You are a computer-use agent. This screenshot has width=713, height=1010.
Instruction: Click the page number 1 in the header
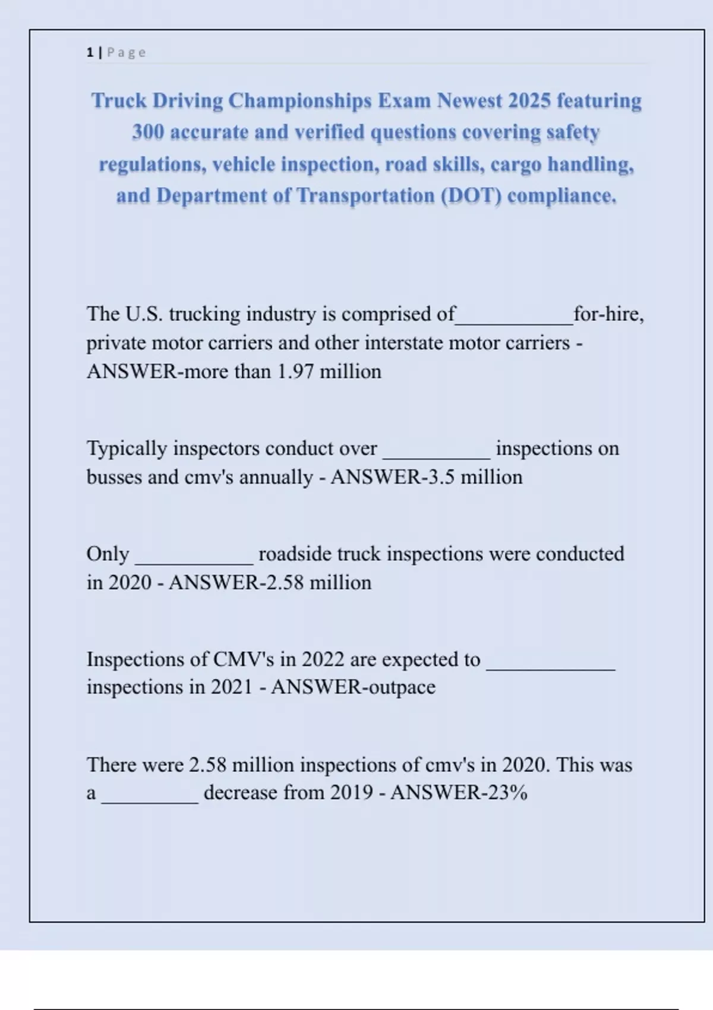point(90,52)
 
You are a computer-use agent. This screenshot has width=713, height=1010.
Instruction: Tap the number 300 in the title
point(148,132)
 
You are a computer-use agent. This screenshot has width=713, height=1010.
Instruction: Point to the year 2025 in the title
point(529,100)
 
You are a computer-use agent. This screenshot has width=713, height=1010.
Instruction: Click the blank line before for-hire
point(515,321)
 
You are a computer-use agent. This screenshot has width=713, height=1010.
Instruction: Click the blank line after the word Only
point(194,561)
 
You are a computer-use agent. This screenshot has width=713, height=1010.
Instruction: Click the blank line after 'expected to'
point(551,668)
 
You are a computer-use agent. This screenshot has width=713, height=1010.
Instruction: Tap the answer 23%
point(507,793)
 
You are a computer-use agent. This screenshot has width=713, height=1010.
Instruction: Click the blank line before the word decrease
point(150,801)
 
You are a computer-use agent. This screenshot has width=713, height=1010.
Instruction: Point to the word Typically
point(127,449)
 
